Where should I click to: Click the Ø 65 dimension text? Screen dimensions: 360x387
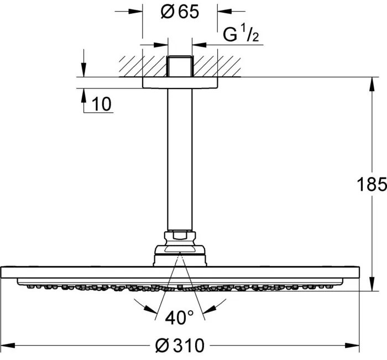(179, 13)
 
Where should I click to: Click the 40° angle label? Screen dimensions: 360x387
(179, 318)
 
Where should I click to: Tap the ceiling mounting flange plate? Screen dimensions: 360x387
(180, 82)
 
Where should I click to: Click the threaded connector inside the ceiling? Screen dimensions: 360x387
(180, 66)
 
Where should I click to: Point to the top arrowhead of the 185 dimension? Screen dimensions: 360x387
(369, 81)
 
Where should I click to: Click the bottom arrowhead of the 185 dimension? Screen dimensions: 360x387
(369, 286)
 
